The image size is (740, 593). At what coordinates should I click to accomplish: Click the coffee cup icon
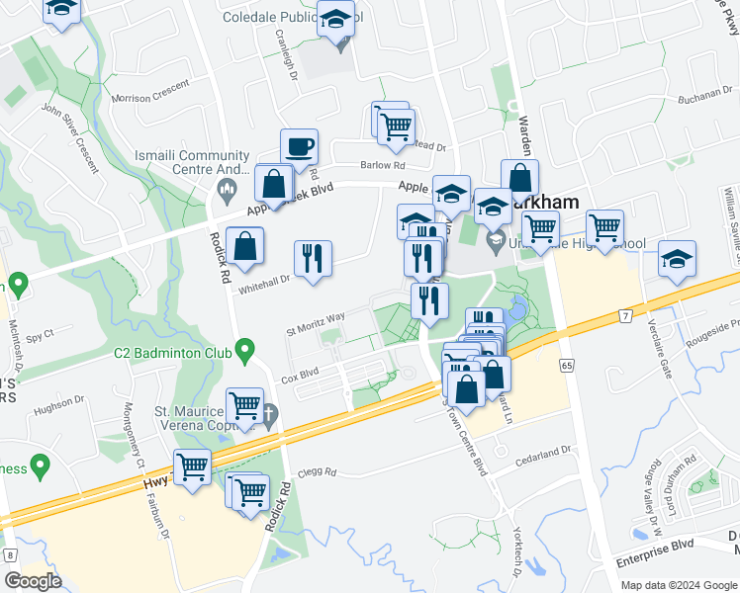(299, 148)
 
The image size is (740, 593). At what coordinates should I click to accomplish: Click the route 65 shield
(566, 365)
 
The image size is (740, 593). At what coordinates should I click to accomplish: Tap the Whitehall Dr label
(263, 280)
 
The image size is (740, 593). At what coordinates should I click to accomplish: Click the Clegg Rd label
(318, 472)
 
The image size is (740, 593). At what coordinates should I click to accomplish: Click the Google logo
(33, 580)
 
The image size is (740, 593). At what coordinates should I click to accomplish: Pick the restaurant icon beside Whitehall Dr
(313, 259)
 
